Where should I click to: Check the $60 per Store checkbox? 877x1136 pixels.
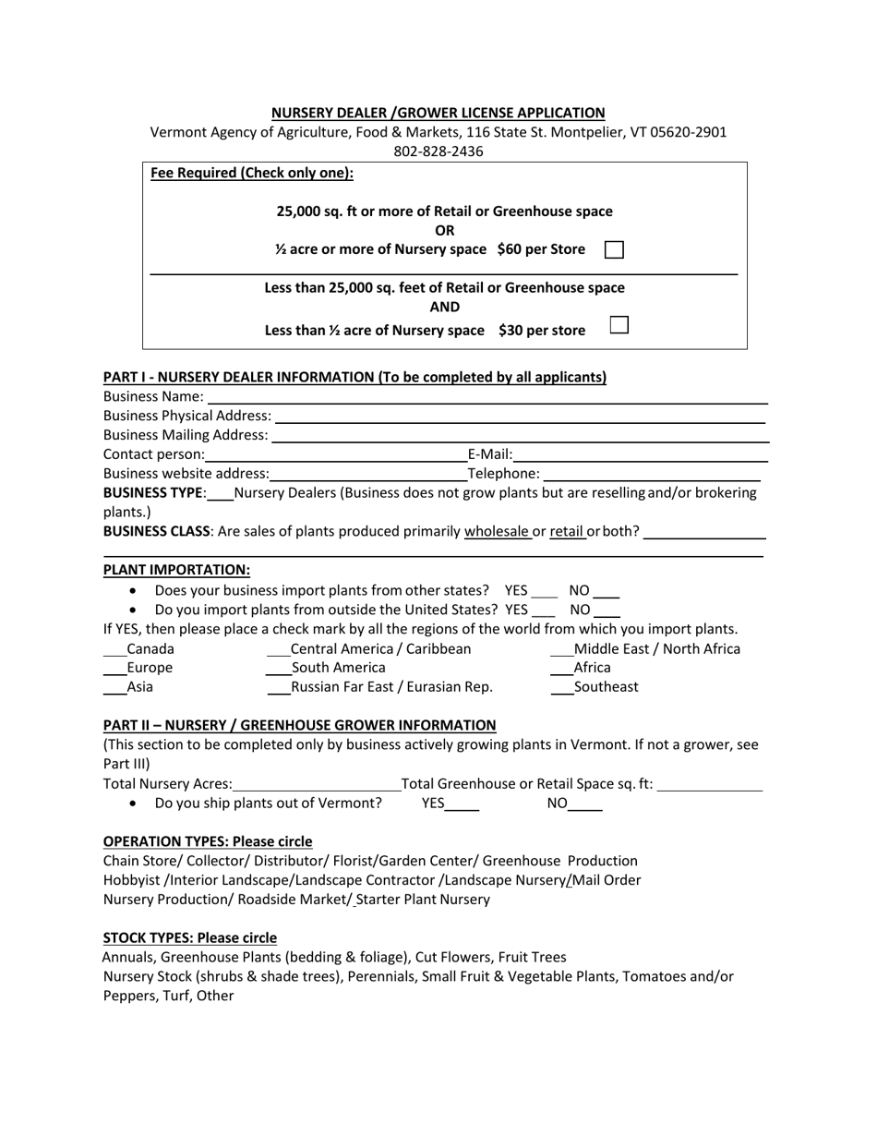pos(614,249)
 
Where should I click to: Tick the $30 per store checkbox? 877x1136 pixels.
pos(620,325)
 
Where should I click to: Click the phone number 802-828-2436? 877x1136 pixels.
pos(438,151)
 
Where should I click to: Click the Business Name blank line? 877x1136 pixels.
pos(487,398)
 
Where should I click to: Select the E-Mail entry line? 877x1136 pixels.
pos(641,455)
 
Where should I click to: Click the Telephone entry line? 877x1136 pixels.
pos(652,475)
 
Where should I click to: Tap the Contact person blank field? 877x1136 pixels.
pos(335,455)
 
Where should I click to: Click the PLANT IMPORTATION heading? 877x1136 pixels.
pos(176,570)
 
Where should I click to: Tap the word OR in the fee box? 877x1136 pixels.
pos(445,230)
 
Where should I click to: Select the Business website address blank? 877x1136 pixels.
pos(368,475)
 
